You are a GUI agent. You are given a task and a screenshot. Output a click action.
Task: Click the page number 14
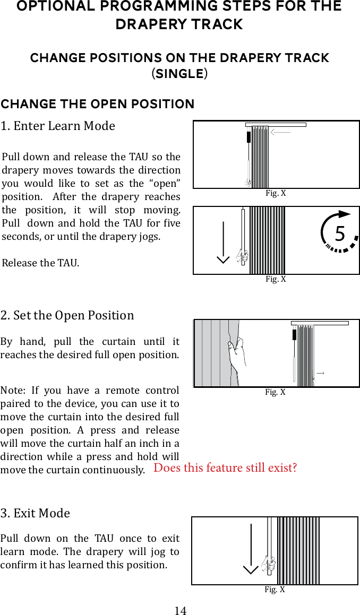[181, 610]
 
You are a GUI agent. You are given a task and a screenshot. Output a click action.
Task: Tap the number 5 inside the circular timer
[340, 233]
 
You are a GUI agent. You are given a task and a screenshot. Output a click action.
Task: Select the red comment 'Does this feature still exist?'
[225, 467]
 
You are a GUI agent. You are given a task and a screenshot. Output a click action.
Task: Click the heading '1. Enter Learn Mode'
[58, 126]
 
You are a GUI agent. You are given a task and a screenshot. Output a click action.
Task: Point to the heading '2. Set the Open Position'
[67, 315]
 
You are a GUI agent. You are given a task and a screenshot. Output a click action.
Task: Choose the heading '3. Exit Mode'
[36, 513]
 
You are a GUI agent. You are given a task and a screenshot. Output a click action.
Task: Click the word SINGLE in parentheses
[180, 73]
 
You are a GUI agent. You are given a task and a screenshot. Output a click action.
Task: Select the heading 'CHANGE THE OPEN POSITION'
[98, 104]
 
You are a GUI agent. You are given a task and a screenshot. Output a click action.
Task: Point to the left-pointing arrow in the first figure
[280, 133]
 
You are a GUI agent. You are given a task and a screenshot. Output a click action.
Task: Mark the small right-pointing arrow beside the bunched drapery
[320, 374]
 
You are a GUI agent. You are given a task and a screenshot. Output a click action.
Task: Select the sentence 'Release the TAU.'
[40, 263]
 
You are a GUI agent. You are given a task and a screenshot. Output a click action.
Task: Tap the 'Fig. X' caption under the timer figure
[276, 279]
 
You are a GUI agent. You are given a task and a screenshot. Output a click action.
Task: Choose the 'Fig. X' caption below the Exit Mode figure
[275, 590]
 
